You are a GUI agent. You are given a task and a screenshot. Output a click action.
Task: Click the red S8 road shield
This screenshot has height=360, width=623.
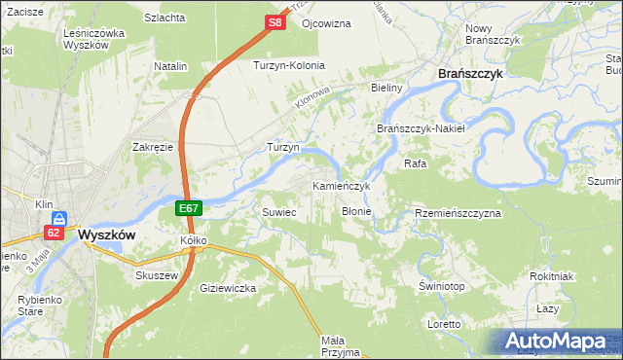pyautogui.click(x=275, y=21)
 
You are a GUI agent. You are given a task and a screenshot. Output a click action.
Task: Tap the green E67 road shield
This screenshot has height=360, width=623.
pyautogui.click(x=190, y=208)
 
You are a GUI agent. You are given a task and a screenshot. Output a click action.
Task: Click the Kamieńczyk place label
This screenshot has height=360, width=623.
pyautogui.click(x=341, y=185)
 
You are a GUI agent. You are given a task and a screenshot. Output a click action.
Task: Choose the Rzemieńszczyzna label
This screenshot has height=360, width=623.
pyautogui.click(x=458, y=212)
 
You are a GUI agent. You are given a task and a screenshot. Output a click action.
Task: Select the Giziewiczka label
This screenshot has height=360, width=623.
pyautogui.click(x=227, y=288)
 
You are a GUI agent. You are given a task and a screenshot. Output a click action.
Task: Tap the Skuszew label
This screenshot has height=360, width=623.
pyautogui.click(x=154, y=275)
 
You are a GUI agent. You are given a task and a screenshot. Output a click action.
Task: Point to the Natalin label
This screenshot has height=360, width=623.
pyautogui.click(x=170, y=66)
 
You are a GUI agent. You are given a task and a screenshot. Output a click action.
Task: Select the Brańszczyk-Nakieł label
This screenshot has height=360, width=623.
pyautogui.click(x=421, y=128)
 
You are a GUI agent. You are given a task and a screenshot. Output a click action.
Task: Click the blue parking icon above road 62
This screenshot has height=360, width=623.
pyautogui.click(x=59, y=218)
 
